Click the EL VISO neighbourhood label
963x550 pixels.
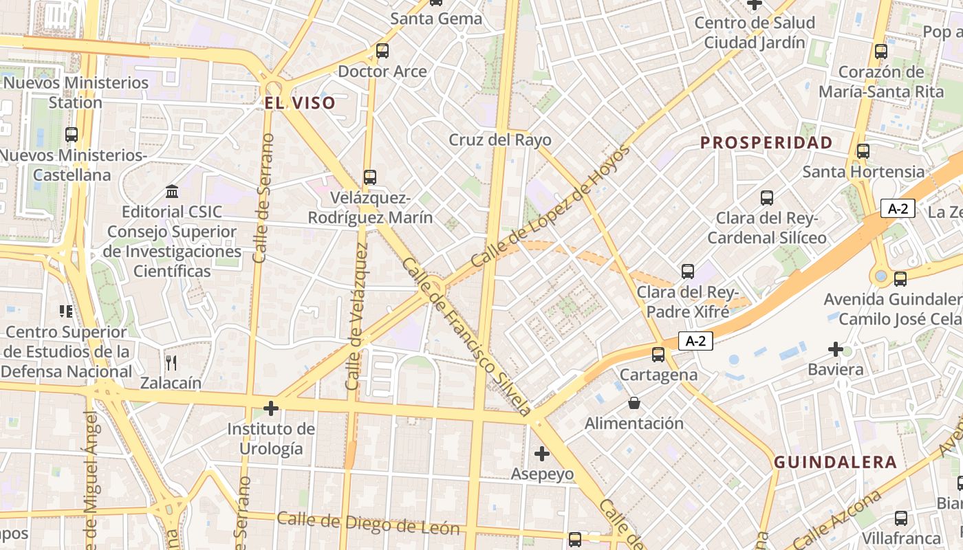pyautogui.click(x=301, y=104)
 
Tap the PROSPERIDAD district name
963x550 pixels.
pyautogui.click(x=766, y=143)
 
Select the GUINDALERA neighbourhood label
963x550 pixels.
pyautogui.click(x=836, y=462)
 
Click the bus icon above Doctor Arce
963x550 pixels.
pyautogui.click(x=382, y=51)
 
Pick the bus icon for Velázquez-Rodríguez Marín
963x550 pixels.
pyautogui.click(x=370, y=177)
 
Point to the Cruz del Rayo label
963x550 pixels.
pyautogui.click(x=500, y=140)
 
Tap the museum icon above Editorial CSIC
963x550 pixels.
pyautogui.click(x=172, y=191)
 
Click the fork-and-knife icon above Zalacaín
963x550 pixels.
pyautogui.click(x=171, y=362)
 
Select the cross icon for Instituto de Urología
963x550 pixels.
pyautogui.click(x=271, y=409)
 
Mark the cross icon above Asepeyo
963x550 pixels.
pyautogui.click(x=542, y=454)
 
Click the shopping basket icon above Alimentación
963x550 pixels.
pyautogui.click(x=634, y=403)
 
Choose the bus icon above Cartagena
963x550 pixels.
pyautogui.click(x=658, y=355)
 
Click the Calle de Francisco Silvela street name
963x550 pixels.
pyautogui.click(x=467, y=337)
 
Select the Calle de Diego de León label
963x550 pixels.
pyautogui.click(x=368, y=523)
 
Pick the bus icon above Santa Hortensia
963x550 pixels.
pyautogui.click(x=863, y=151)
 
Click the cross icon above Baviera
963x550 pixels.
pyautogui.click(x=836, y=349)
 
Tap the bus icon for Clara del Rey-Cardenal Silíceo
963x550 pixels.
pyautogui.click(x=767, y=198)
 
